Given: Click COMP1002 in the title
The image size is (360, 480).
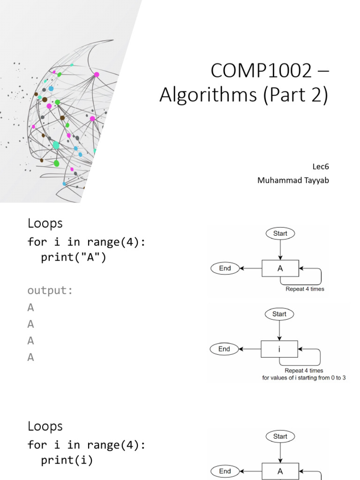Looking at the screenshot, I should pos(261,71).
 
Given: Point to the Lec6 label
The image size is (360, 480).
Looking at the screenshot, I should pos(321,166).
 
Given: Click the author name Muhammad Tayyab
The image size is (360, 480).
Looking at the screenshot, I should pos(293,180).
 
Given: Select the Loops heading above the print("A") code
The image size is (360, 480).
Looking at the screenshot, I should pos(45,223).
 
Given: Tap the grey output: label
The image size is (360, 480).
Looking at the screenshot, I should pos(50,290).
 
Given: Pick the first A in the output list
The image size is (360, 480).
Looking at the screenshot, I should pos(31,307).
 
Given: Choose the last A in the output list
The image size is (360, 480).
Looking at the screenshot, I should pos(31,357).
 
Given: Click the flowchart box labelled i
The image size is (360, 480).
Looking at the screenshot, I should pos(279,349).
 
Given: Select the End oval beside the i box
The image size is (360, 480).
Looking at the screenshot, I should pos(225,349).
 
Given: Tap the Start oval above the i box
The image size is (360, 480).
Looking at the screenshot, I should pos(279,314).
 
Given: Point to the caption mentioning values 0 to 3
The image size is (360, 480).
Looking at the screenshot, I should pos(304,377).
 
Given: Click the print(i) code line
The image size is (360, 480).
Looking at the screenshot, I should pos(67,460).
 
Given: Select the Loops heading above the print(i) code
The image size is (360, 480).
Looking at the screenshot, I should pos(45,426).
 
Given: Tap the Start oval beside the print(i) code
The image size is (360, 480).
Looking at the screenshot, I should pos(280,436).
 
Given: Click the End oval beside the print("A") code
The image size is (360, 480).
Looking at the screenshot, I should pos(225,268).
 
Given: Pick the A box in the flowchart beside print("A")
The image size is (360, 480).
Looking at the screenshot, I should pos(280,269).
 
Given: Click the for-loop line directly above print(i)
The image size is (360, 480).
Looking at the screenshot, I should pos(87,444).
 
